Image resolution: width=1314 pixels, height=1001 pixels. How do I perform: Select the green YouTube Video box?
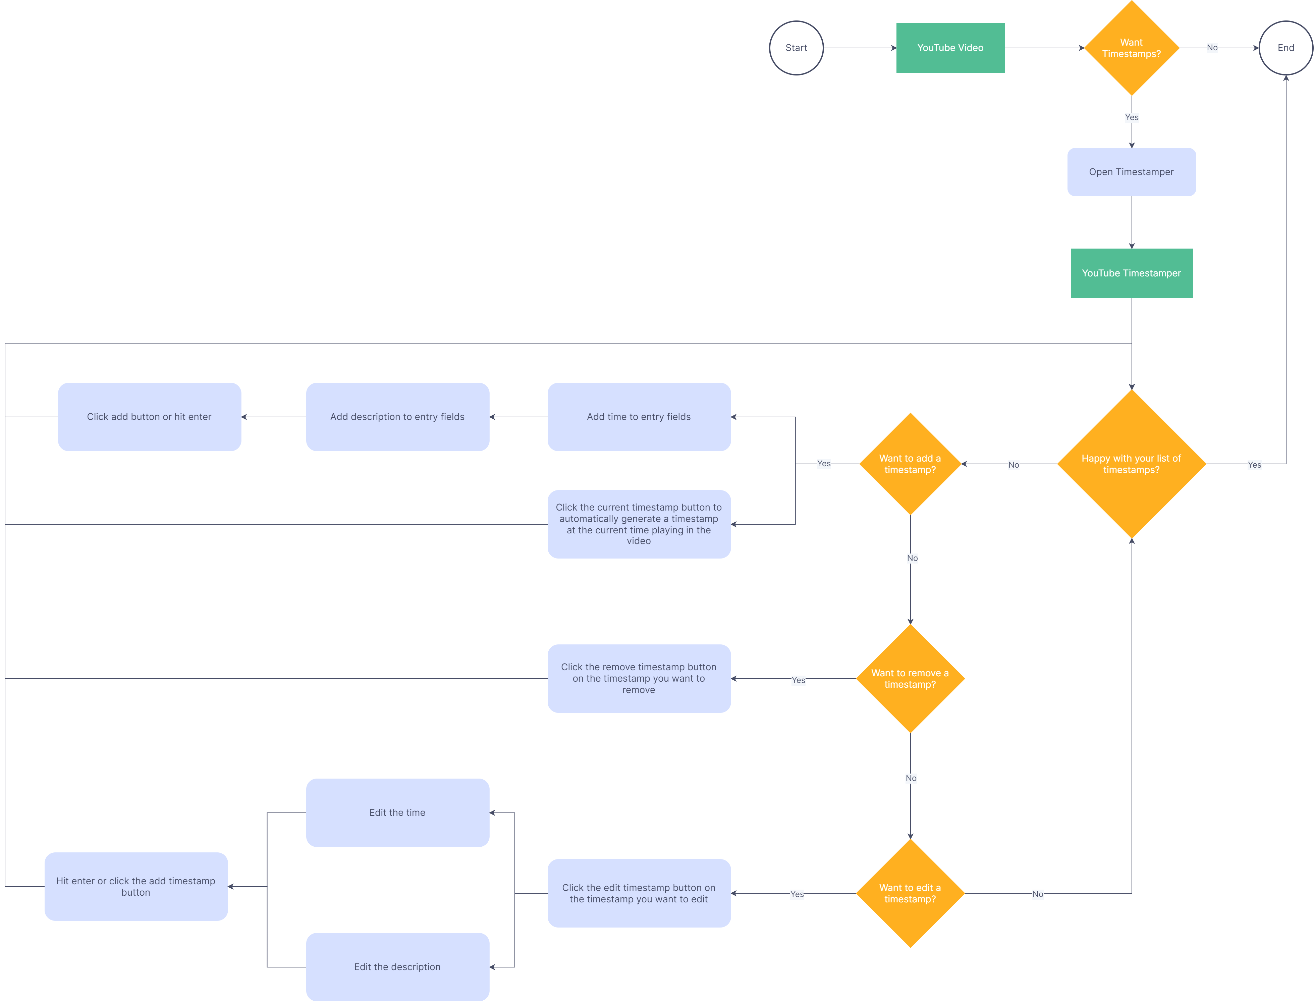coord(950,48)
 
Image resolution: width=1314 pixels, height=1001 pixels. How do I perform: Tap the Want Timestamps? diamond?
coord(1131,48)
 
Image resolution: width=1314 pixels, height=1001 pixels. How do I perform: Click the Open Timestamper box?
coord(1131,172)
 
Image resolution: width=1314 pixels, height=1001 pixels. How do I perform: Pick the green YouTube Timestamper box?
coord(1131,273)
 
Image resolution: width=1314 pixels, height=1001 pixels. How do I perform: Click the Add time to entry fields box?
coord(639,417)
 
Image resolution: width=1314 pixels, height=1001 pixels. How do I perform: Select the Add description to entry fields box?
coord(397,417)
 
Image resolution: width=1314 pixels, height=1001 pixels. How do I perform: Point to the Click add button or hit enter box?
coord(149,417)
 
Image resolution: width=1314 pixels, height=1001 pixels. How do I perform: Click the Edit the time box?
coord(397,812)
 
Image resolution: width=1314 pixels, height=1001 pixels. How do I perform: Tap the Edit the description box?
coord(397,966)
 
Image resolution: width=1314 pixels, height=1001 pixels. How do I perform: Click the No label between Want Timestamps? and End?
coord(1212,48)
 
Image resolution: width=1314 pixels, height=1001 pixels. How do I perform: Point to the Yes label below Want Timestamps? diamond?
coord(1131,117)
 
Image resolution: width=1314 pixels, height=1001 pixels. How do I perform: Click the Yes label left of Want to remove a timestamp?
coord(798,680)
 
